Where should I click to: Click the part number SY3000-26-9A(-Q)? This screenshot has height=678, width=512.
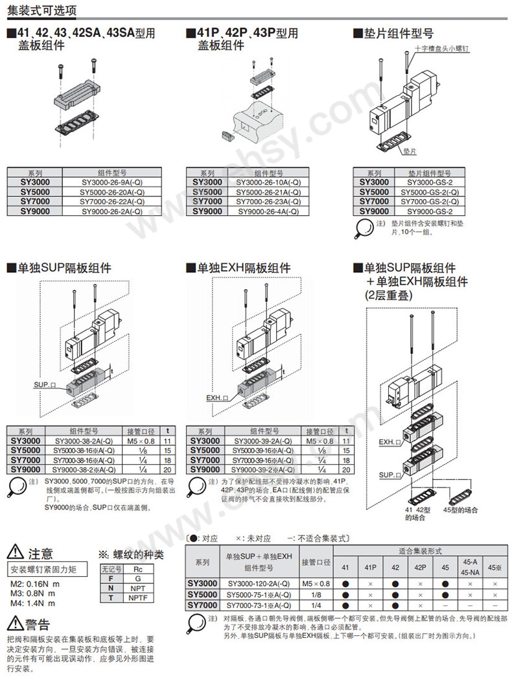point(111,183)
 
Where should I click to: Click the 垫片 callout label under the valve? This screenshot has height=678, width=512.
point(409,150)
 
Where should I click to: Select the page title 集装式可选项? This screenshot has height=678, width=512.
point(40,10)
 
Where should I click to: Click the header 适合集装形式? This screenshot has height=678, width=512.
point(420,551)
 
